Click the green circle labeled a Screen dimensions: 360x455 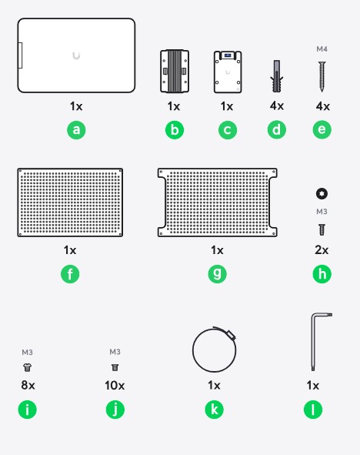(76, 129)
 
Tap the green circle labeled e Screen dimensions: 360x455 (322, 129)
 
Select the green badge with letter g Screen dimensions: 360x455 (217, 273)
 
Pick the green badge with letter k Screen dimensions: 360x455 (214, 410)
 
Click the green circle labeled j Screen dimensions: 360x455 (115, 410)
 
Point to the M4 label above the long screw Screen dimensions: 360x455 (322, 49)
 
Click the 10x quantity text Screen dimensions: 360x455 (115, 386)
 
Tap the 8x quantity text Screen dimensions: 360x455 (28, 386)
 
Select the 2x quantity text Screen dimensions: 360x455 (322, 250)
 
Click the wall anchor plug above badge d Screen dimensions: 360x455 (276, 76)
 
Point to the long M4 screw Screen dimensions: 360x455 (322, 77)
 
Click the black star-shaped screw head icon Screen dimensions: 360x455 (322, 193)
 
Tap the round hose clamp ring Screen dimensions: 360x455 (193, 350)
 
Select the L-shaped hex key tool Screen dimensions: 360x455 (313, 343)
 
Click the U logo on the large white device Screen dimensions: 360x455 (76, 55)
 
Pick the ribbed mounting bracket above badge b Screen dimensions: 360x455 (175, 71)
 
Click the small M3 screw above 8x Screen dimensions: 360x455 (27, 368)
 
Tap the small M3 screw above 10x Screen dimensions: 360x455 (115, 368)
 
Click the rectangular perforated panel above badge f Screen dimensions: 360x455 (70, 202)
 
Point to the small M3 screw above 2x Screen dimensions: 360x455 (322, 229)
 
